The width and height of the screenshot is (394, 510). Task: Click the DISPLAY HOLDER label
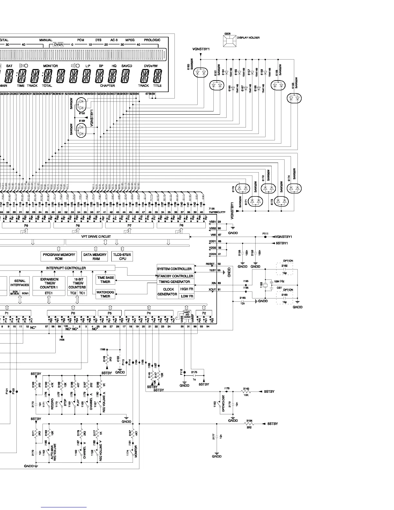pyautogui.click(x=248, y=38)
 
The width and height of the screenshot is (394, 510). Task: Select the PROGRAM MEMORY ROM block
pyautogui.click(x=59, y=256)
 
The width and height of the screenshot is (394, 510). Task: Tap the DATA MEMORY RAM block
pyautogui.click(x=95, y=256)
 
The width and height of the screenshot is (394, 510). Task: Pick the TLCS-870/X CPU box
pyautogui.click(x=123, y=256)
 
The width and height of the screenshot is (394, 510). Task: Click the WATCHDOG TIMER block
pyautogui.click(x=105, y=294)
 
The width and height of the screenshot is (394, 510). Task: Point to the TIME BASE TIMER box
pyautogui.click(x=105, y=279)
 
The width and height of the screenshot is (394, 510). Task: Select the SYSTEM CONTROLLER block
pyautogui.click(x=174, y=269)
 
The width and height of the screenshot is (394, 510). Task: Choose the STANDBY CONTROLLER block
pyautogui.click(x=175, y=276)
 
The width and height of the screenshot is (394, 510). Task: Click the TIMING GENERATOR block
pyautogui.click(x=174, y=282)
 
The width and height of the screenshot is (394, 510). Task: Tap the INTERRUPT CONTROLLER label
pyautogui.click(x=66, y=268)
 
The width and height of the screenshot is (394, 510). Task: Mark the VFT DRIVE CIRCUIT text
pyautogui.click(x=96, y=237)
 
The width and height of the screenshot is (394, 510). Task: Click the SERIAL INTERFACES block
pyautogui.click(x=20, y=283)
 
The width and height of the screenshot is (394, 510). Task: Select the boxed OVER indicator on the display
pyautogui.click(x=59, y=45)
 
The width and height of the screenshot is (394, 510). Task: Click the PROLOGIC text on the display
pyautogui.click(x=152, y=40)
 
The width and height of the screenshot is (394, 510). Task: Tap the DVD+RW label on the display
pyautogui.click(x=151, y=66)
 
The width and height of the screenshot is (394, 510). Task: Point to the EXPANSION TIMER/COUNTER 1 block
pyautogui.click(x=49, y=283)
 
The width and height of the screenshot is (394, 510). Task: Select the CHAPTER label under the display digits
pyautogui.click(x=107, y=86)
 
